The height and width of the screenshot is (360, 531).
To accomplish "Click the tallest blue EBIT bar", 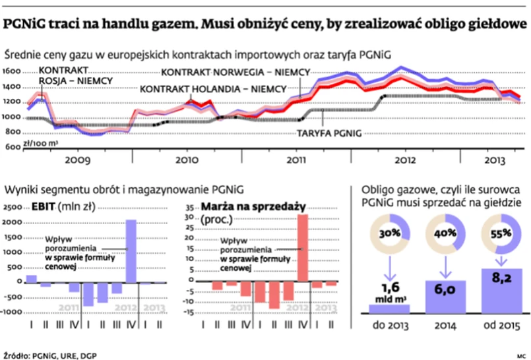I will click(x=131, y=251).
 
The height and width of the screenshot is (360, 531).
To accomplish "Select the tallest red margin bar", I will click(x=304, y=248).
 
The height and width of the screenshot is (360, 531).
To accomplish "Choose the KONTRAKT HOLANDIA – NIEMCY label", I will click(x=213, y=88).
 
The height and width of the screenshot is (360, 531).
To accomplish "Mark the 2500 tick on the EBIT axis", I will click(x=13, y=207).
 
